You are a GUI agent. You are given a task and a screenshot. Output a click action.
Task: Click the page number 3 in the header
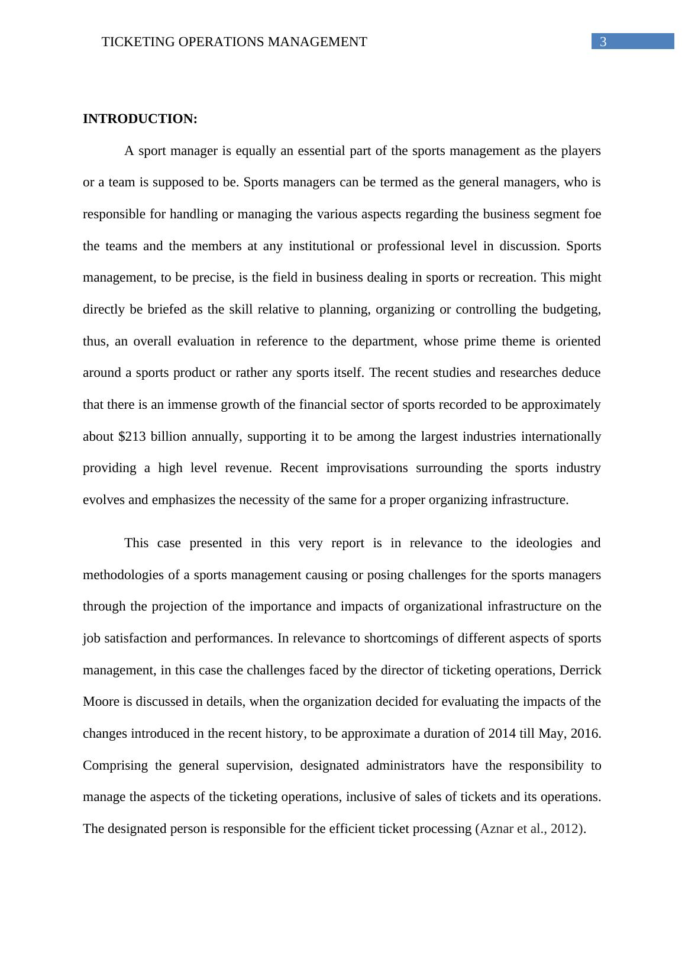coord(603,41)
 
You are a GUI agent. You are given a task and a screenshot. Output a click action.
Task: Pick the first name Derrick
coord(580,670)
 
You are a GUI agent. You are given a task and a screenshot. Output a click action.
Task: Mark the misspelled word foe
coord(592,214)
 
